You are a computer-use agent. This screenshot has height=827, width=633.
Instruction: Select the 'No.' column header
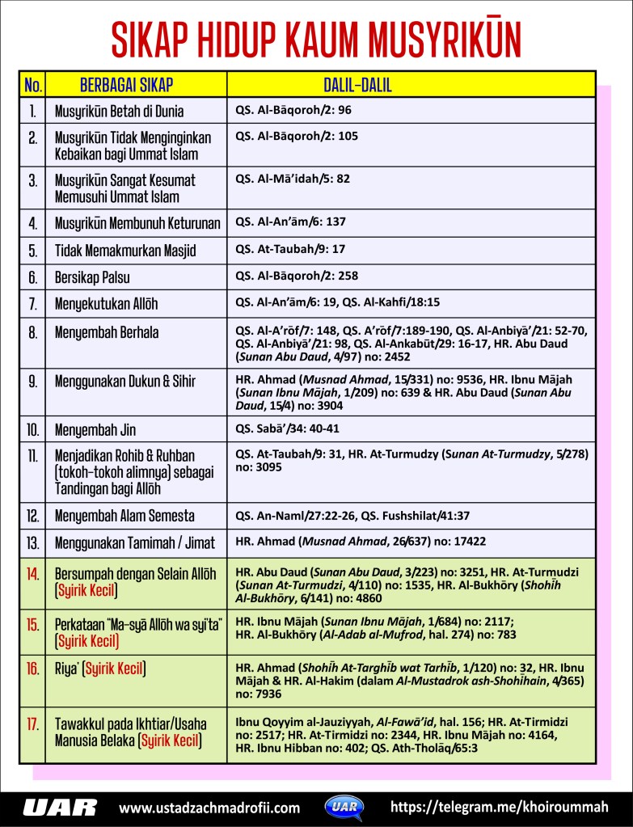(34, 85)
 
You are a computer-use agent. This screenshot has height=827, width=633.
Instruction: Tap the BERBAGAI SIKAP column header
(126, 85)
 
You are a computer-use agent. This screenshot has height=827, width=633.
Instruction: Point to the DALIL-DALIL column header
(358, 85)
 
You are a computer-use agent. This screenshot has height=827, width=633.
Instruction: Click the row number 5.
(34, 251)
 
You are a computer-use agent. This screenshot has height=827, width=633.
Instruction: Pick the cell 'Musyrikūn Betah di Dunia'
(119, 111)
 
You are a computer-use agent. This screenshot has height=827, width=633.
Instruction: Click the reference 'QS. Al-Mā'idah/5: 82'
(293, 178)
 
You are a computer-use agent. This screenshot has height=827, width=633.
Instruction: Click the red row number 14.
(34, 575)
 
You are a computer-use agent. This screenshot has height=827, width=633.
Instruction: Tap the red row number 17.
(34, 724)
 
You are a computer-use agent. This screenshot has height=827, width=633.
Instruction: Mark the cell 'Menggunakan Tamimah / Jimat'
(134, 542)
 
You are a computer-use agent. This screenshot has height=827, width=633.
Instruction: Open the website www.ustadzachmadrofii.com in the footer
(209, 808)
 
